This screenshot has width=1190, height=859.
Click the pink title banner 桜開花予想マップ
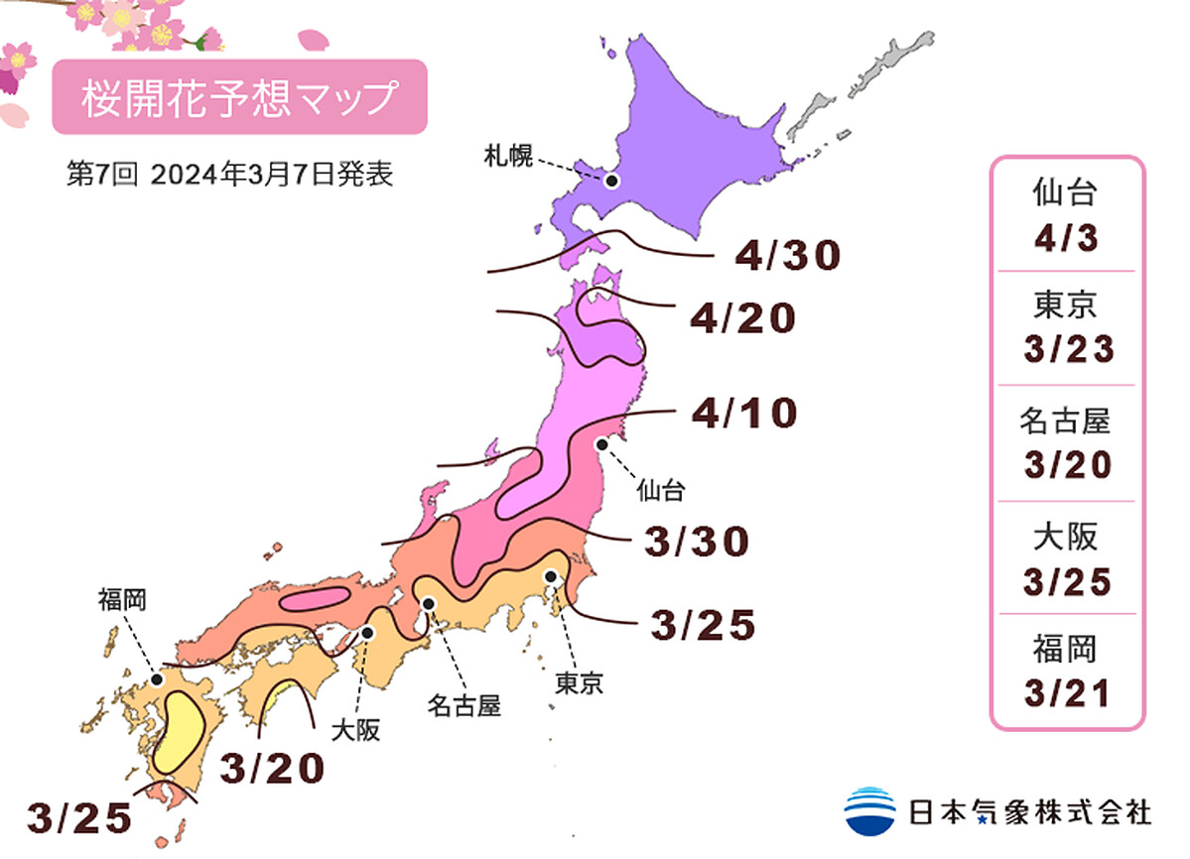(239, 97)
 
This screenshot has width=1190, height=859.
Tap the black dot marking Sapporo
(611, 181)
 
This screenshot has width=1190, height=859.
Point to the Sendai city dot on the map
(599, 445)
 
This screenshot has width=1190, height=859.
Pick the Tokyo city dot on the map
(548, 576)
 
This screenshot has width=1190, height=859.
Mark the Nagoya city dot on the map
(428, 602)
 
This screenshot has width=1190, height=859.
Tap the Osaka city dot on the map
(368, 632)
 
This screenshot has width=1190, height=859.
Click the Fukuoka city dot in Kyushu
(157, 680)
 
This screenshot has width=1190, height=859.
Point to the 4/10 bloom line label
(745, 414)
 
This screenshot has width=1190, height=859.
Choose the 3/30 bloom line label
(695, 542)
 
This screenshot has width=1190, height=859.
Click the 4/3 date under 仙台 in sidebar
(1067, 239)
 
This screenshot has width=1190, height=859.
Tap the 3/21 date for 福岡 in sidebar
(1067, 692)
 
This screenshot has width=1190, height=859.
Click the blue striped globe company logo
(869, 810)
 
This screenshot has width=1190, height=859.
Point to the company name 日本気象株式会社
(1030, 811)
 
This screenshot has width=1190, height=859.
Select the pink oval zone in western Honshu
(316, 598)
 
